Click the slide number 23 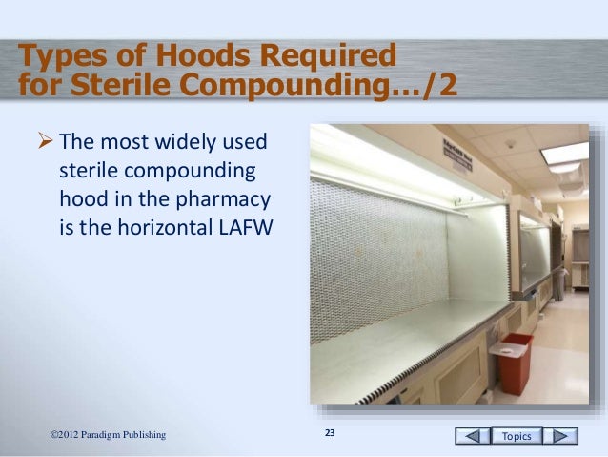coord(331,435)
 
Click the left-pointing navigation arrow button coord(469,436)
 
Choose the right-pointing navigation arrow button coord(565,436)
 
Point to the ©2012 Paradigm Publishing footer coord(108,436)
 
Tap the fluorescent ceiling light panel coord(564,152)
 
